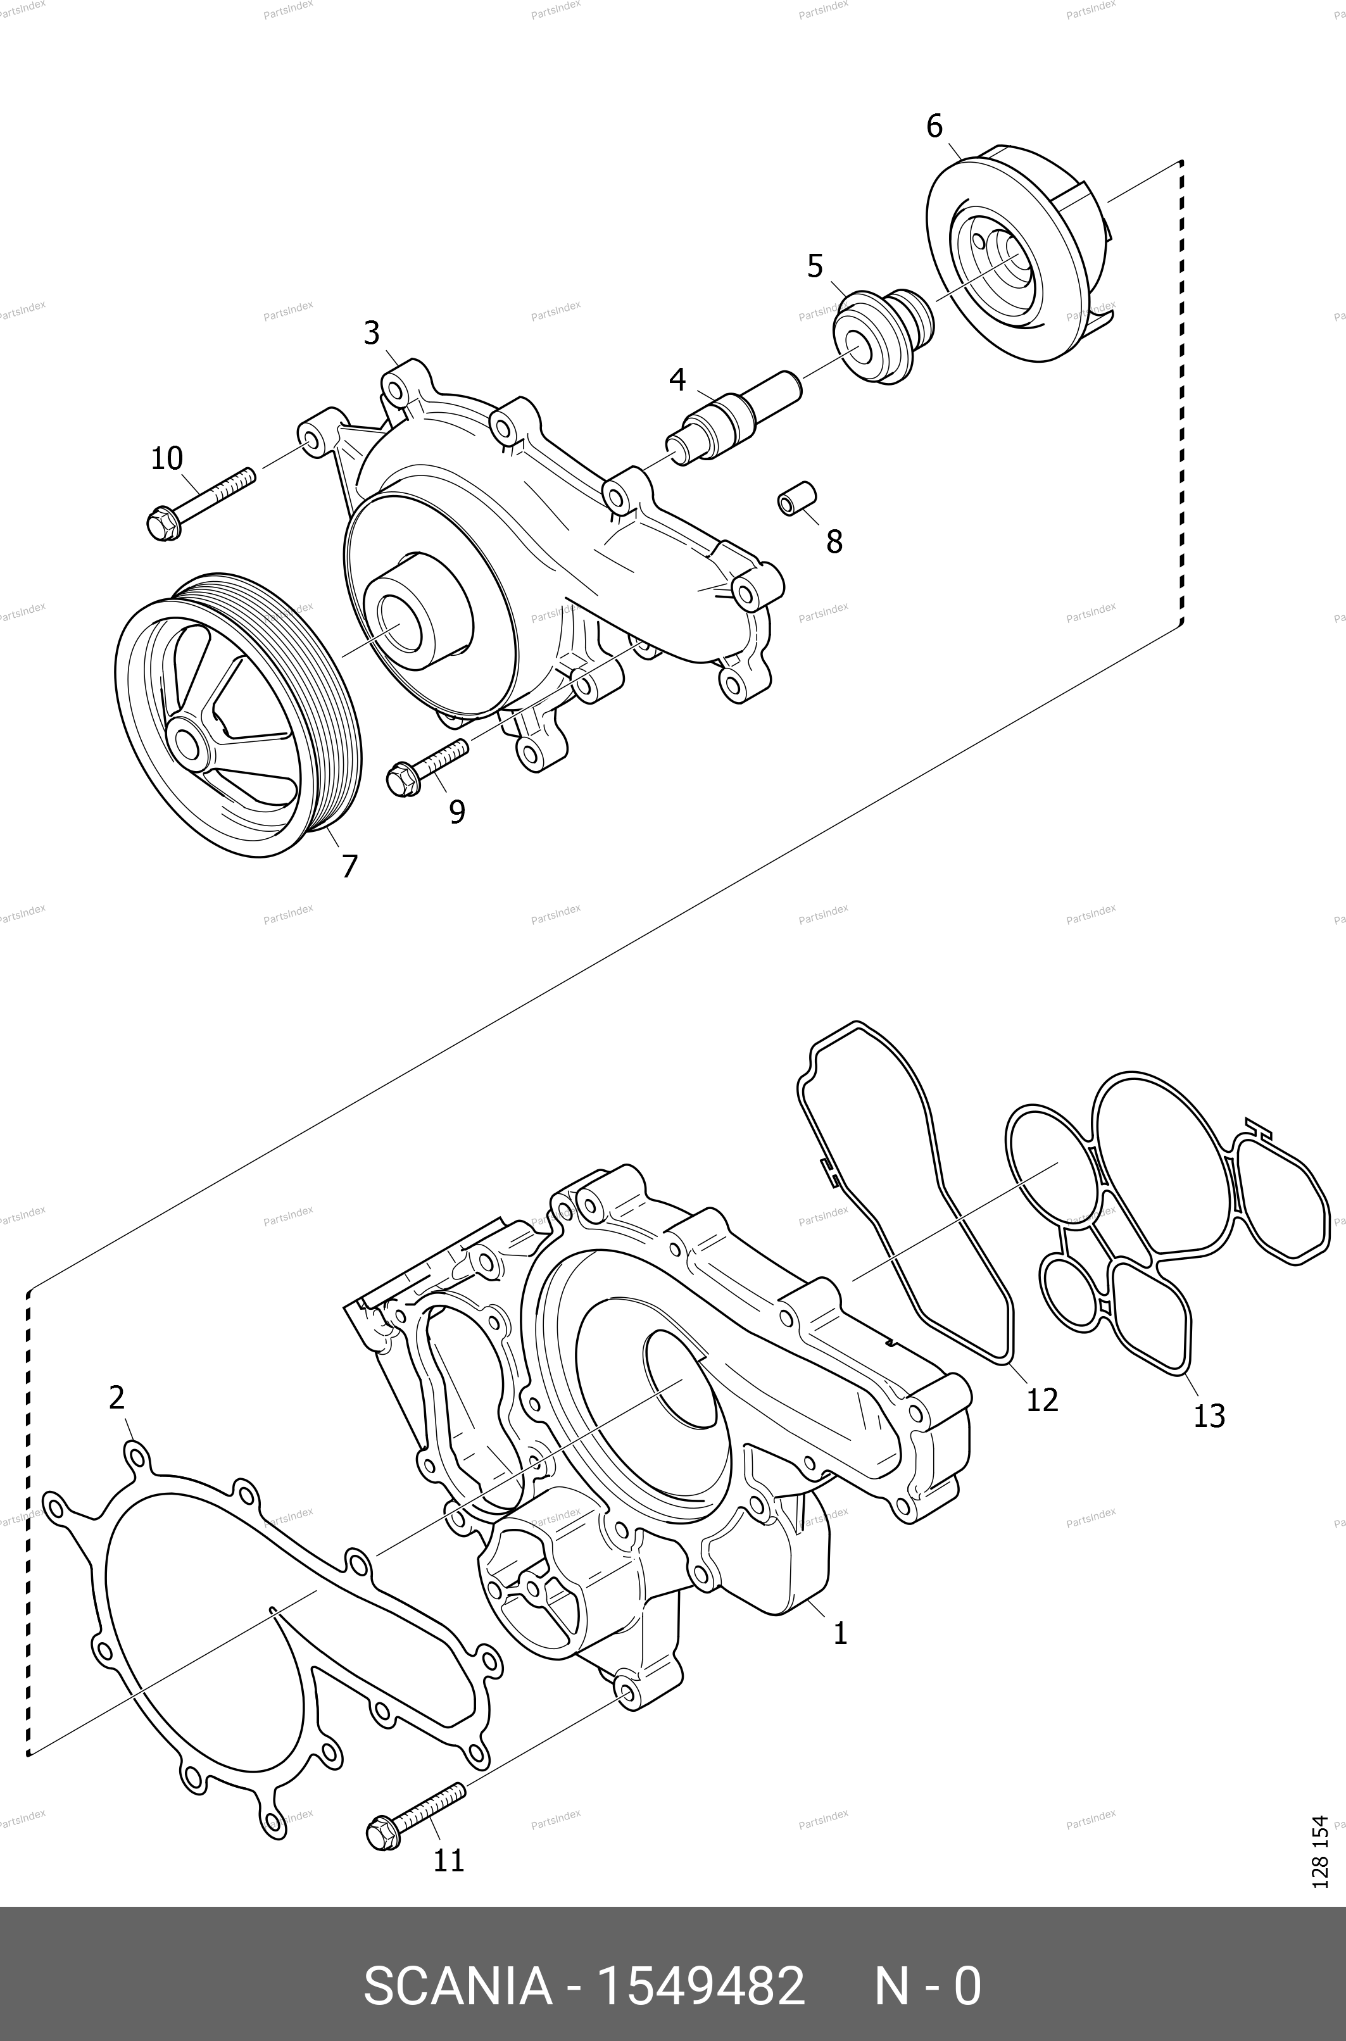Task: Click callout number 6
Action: (934, 127)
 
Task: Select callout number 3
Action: (371, 333)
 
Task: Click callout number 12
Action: (1042, 1400)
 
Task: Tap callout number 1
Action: (840, 1633)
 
